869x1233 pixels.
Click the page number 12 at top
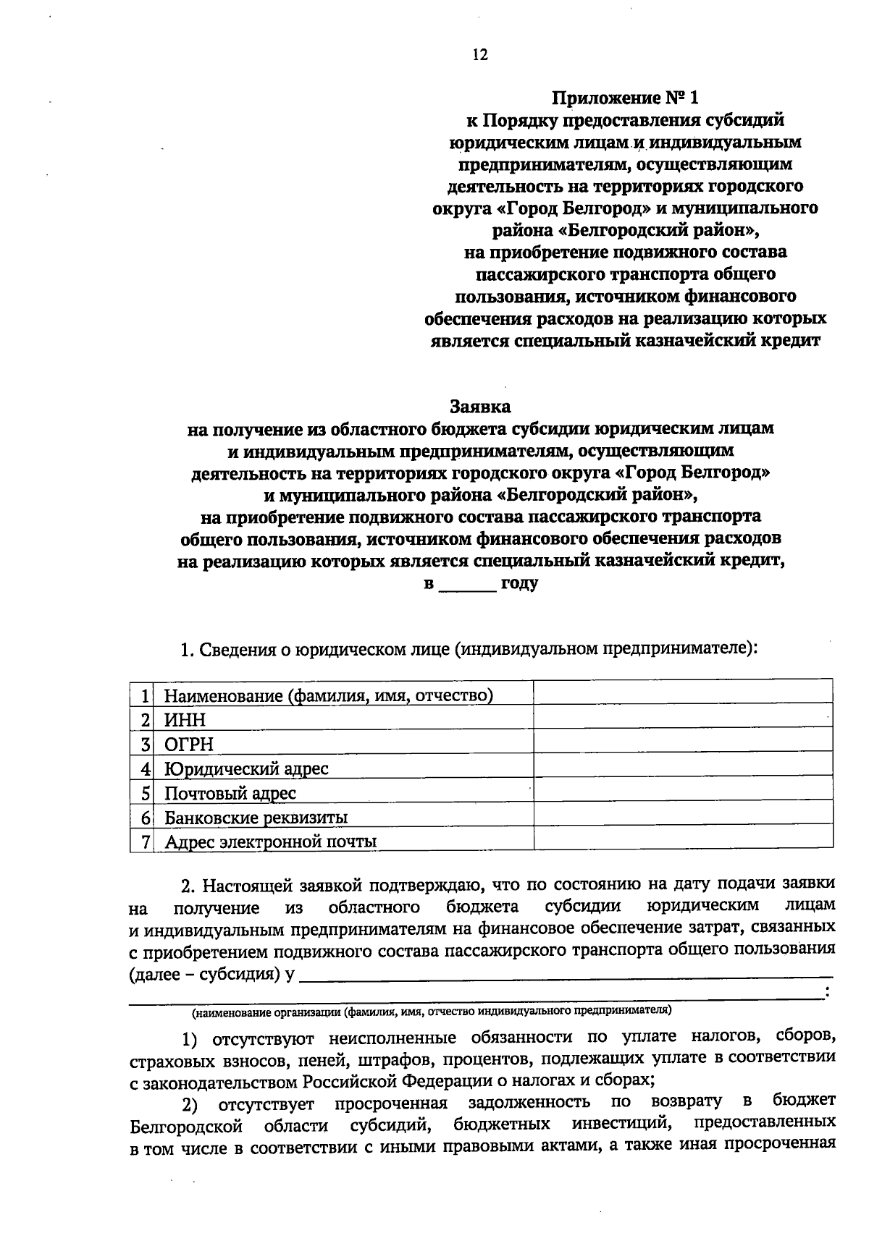click(x=480, y=55)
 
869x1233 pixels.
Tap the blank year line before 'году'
click(x=468, y=585)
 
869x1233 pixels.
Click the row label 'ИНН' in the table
click(x=185, y=720)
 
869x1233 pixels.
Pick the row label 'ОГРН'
click(x=189, y=745)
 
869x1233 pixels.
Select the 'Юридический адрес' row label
click(x=246, y=768)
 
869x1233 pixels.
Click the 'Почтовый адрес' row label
click(x=230, y=793)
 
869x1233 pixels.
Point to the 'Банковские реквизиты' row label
click(x=256, y=818)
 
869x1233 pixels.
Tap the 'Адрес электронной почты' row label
click(x=270, y=842)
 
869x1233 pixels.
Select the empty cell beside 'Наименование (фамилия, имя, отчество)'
click(x=683, y=692)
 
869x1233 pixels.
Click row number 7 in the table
click(x=146, y=842)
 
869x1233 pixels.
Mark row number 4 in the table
click(x=146, y=768)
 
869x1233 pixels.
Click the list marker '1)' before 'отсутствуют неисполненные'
click(x=189, y=1041)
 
